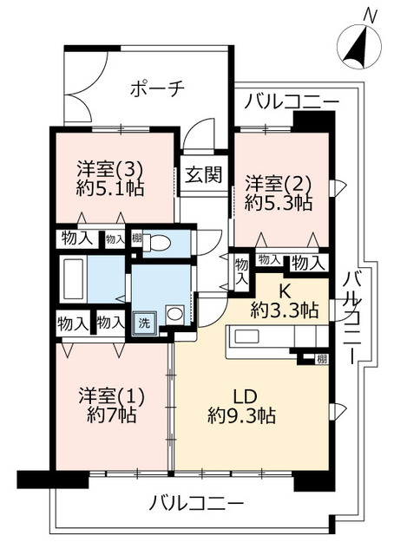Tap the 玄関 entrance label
pyautogui.click(x=202, y=173)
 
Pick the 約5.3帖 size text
pyautogui.click(x=278, y=205)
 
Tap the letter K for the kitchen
pyautogui.click(x=285, y=291)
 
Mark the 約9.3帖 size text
pyautogui.click(x=241, y=416)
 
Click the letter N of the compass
pyautogui.click(x=370, y=15)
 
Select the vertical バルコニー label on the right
pyautogui.click(x=354, y=317)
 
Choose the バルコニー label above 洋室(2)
pyautogui.click(x=291, y=102)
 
